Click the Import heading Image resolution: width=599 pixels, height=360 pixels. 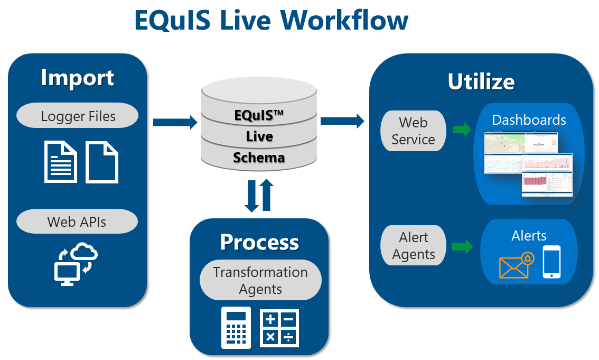click(77, 78)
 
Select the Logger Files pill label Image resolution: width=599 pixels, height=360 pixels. click(78, 116)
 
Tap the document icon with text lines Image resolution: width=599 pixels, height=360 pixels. click(61, 162)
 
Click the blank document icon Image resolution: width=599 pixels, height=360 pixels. click(102, 162)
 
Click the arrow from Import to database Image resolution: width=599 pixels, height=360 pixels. click(174, 123)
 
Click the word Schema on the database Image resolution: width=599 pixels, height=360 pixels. click(259, 158)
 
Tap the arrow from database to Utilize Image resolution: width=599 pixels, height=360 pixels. click(342, 121)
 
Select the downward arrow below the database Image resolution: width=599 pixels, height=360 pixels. click(252, 196)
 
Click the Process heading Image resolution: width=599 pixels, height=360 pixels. click(259, 242)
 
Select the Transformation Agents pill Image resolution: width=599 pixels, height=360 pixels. click(260, 280)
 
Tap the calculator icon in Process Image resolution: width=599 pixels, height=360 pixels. click(236, 328)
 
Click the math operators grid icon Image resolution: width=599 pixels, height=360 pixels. click(279, 328)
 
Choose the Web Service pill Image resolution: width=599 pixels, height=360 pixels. click(413, 131)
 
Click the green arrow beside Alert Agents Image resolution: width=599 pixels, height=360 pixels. click(462, 246)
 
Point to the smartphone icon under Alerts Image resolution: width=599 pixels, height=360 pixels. click(551, 262)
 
